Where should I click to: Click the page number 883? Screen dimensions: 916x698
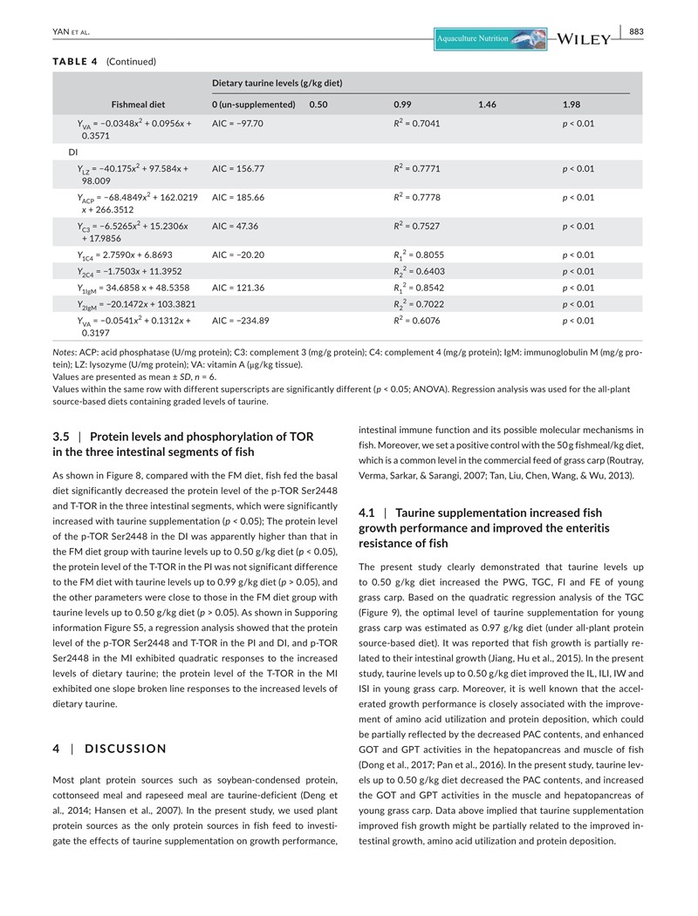tap(636, 32)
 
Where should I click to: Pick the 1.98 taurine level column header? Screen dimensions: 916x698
tap(572, 105)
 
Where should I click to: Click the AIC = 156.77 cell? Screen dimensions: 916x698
tap(237, 168)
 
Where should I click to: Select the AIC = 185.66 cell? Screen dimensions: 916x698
tap(237, 198)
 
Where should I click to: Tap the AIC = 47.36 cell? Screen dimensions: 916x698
tap(235, 227)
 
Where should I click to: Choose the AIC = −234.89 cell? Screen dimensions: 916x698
tap(240, 321)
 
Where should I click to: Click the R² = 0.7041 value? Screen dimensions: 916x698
tap(417, 124)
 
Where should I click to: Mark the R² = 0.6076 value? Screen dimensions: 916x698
tap(417, 321)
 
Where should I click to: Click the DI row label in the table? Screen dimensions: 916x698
tap(73, 152)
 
